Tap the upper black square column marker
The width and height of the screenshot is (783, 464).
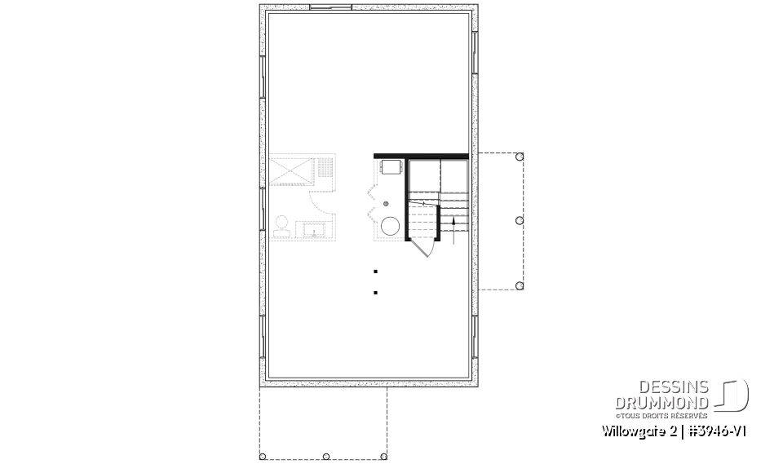click(375, 271)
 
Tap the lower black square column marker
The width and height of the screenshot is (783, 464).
click(375, 292)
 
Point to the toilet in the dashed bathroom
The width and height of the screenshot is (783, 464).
click(283, 225)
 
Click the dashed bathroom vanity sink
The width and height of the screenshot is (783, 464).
click(314, 230)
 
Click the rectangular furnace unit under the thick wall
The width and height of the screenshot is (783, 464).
click(391, 167)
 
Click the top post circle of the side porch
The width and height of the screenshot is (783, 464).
click(520, 157)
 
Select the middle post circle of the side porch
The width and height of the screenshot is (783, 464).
click(520, 220)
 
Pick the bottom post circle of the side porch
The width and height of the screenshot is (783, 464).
click(520, 285)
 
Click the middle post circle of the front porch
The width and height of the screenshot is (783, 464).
click(325, 457)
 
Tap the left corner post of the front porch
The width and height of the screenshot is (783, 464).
click(263, 457)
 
